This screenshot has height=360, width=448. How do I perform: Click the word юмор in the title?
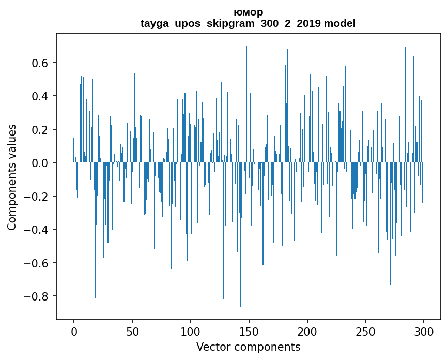pos(248,12)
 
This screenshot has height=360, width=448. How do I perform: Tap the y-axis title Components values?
pos(12,177)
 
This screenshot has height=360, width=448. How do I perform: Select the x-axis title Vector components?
pos(248,347)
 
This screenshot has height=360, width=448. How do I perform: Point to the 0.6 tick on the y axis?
pos(40,63)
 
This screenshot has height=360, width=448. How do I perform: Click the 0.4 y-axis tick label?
pos(40,96)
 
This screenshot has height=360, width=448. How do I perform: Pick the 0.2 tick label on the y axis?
pos(40,130)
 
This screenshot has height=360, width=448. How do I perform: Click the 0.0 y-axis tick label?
pos(40,163)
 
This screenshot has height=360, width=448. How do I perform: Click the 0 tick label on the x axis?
pos(74,331)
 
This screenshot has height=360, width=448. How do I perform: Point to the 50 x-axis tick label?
pos(132,331)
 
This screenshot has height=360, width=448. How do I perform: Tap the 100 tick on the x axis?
pos(191,331)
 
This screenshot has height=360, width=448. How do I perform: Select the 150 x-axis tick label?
pos(249,331)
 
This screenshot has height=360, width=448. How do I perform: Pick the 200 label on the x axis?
pos(307,331)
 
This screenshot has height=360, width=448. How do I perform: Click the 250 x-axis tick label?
pos(366,331)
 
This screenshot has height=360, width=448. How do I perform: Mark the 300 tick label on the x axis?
pos(424,331)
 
